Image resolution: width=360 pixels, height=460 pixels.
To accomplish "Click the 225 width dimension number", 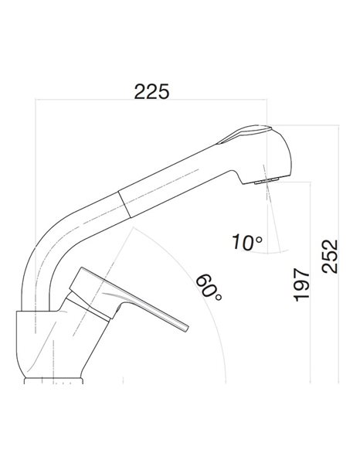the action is tap(151, 91).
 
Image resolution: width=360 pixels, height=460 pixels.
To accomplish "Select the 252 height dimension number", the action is tap(330, 257).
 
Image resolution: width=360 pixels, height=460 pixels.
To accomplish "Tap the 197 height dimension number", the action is tap(301, 285).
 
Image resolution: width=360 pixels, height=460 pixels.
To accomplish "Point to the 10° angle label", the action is tap(247, 242).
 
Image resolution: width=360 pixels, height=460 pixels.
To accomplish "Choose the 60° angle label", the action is tap(209, 288).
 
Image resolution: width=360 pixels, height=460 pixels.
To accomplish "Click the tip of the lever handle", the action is tap(186, 328).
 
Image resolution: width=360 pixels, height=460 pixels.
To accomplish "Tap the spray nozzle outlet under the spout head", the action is tap(267, 182).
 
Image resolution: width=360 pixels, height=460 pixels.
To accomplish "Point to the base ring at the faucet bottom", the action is tap(53, 380).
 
